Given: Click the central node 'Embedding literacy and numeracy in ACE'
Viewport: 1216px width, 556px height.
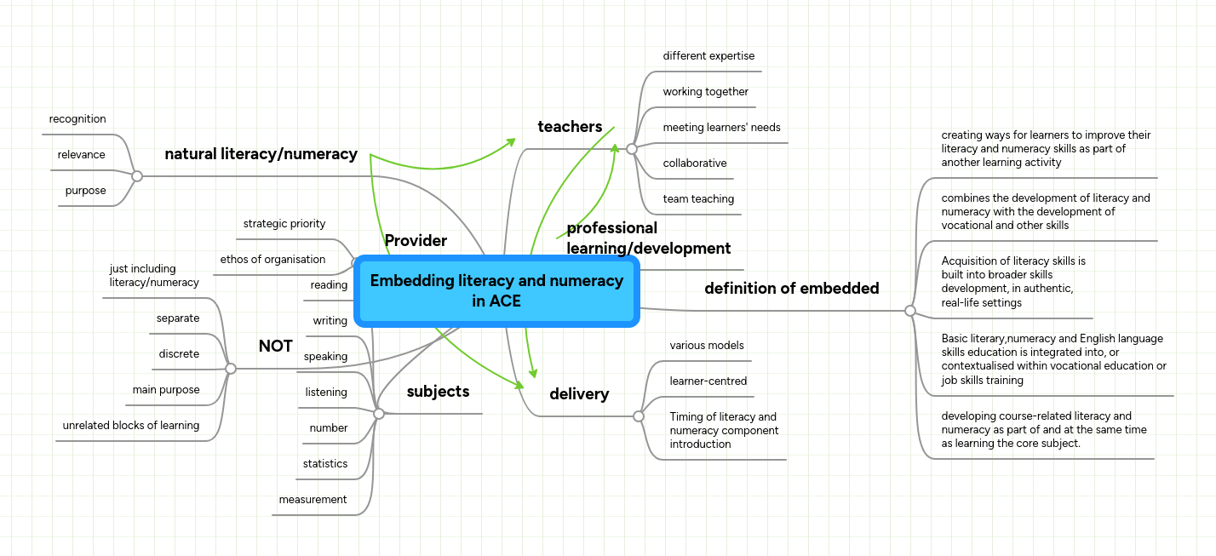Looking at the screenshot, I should (x=496, y=290).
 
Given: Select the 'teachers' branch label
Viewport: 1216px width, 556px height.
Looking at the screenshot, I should (x=570, y=127).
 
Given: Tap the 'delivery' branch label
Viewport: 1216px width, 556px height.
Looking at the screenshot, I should (x=579, y=394).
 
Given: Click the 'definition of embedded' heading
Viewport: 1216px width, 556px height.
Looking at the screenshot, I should (x=791, y=289).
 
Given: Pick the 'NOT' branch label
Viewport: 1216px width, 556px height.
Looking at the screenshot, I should (x=275, y=347).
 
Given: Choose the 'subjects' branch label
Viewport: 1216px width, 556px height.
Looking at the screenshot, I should (x=438, y=392).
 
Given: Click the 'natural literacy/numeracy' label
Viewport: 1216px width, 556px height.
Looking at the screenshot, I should (x=261, y=154).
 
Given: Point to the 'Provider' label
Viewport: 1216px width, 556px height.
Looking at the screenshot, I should (x=416, y=241).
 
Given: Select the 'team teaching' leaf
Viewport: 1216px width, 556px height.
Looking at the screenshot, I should (x=698, y=199).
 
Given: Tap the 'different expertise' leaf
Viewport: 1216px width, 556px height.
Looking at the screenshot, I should (x=708, y=56).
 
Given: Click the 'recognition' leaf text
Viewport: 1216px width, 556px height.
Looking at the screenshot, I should (x=77, y=119).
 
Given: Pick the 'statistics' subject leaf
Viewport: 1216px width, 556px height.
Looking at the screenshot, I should (x=325, y=464).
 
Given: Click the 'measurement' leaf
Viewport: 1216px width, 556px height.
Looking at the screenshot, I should (x=313, y=500).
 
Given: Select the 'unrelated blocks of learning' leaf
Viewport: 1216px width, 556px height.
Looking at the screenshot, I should (x=131, y=426).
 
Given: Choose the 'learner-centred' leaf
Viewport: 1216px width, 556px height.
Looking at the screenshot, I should (x=708, y=381).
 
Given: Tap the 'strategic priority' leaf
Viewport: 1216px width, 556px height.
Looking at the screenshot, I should (x=284, y=224).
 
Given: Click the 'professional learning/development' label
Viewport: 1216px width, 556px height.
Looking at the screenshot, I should (x=648, y=238).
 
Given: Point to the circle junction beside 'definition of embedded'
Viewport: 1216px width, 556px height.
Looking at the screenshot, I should (x=909, y=311).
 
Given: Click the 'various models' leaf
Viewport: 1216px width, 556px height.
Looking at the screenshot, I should (x=707, y=346).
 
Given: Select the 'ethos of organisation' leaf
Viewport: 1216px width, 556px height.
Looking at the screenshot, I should (x=272, y=260).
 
